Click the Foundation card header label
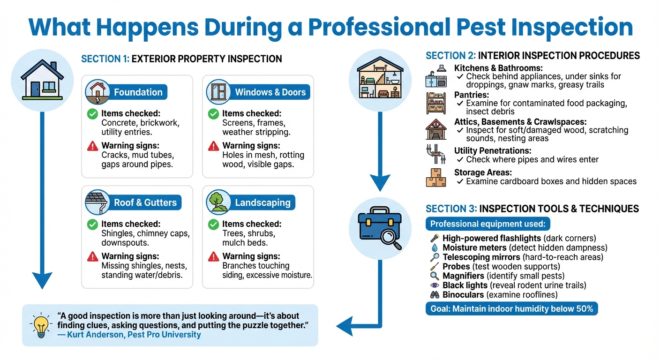pyautogui.click(x=138, y=92)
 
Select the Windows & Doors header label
pyautogui.click(x=270, y=92)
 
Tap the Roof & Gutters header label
pyautogui.click(x=145, y=203)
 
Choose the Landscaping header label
pyautogui.click(x=262, y=203)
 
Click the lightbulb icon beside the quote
pyautogui.click(x=39, y=325)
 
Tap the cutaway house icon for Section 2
pyautogui.click(x=380, y=80)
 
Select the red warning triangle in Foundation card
pyautogui.click(x=92, y=146)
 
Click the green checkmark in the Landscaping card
pyautogui.click(x=213, y=224)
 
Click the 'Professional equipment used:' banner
pyautogui.click(x=488, y=224)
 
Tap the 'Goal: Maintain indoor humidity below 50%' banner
pyautogui.click(x=511, y=308)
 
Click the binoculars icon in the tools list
pyautogui.click(x=435, y=295)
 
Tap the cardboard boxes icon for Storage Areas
pyautogui.click(x=435, y=177)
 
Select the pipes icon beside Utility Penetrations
pyautogui.click(x=435, y=154)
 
